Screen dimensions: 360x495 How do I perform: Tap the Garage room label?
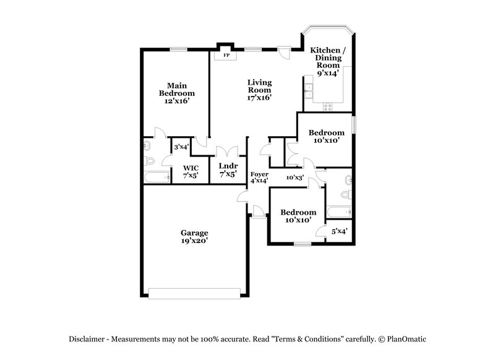tap(194, 233)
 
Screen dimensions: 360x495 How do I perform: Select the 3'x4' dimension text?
tap(181, 147)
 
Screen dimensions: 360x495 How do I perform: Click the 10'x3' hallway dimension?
tap(295, 178)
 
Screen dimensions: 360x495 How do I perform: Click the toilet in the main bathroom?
tap(149, 161)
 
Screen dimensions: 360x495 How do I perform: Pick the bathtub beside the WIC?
tap(157, 178)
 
